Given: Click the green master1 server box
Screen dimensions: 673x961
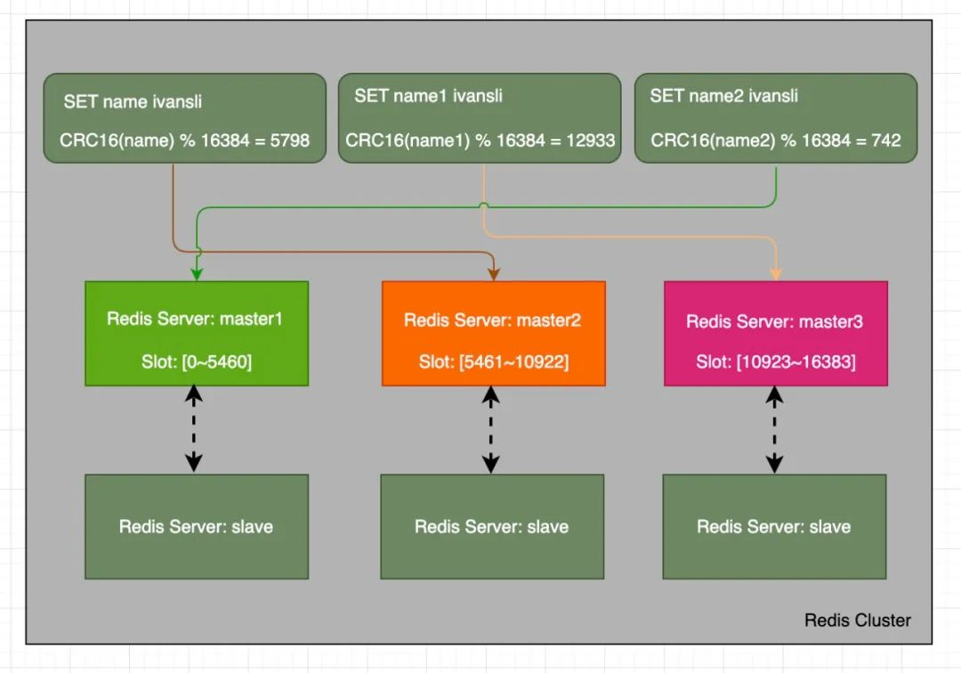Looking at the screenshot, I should pos(196,334).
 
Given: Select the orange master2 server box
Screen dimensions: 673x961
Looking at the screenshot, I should pos(493,334).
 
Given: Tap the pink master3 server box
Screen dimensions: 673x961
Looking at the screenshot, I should pos(775,334).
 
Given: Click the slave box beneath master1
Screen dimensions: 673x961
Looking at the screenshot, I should pos(196,526).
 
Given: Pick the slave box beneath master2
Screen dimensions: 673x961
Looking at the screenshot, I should pos(492,526).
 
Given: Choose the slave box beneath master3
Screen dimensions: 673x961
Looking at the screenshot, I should pos(774,526).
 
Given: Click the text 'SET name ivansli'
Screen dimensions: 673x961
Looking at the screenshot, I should pos(133,101).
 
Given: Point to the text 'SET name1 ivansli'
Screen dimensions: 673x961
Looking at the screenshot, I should pos(428,95).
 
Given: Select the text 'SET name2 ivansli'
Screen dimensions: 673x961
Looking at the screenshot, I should pos(723,95).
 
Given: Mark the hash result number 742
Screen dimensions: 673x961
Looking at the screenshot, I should pos(886,141).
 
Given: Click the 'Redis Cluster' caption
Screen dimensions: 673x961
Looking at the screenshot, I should pos(857,620).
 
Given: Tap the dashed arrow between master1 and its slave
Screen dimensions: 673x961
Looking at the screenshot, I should pos(194,429).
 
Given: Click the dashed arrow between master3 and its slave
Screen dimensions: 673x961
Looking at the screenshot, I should pos(775,429).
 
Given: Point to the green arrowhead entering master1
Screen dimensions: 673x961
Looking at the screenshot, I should pos(196,273).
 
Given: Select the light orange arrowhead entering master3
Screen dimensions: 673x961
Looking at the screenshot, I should pos(775,273).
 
